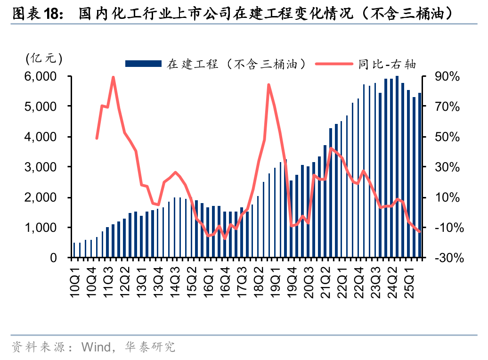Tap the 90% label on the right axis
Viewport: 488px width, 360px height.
tap(447, 76)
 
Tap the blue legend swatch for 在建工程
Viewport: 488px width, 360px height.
tap(143, 64)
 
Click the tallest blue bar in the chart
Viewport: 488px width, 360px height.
tap(397, 167)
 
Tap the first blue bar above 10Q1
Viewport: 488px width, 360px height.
tap(74, 250)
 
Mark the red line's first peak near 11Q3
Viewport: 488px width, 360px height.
tap(113, 77)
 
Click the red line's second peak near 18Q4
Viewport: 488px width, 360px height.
tap(268, 85)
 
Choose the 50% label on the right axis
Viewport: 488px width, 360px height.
tap(447, 137)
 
